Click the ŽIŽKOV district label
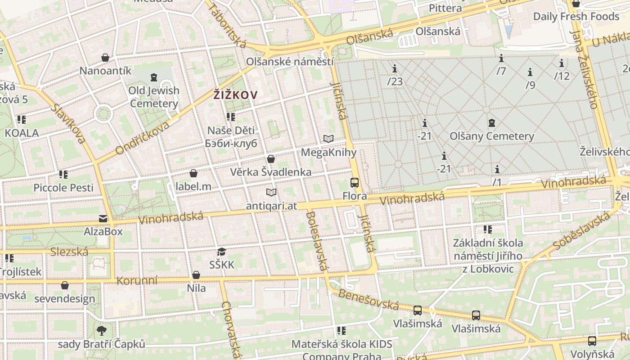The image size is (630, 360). coord(235,95)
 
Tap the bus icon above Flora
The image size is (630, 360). coord(355,182)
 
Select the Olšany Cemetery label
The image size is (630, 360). coord(491,136)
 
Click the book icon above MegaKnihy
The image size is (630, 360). coord(328,139)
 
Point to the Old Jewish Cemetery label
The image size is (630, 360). coord(154,97)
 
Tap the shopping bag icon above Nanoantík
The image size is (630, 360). coord(105,58)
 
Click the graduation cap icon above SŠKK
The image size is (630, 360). coord(221,252)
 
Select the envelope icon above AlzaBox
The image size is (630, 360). coord(103,219)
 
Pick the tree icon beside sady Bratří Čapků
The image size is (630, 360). coord(102,331)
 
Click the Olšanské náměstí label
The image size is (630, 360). coord(290,62)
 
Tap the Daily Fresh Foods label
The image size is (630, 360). coord(576,17)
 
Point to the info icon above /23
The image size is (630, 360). coord(395,68)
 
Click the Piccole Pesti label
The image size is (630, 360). coord(63,187)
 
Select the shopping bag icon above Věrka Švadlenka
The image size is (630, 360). coord(271,158)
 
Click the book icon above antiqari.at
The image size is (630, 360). coord(271,193)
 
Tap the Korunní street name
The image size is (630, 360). coord(137,281)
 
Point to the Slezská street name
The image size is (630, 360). coord(69,252)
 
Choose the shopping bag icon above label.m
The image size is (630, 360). coord(193,173)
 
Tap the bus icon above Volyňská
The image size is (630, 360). coord(592,341)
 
